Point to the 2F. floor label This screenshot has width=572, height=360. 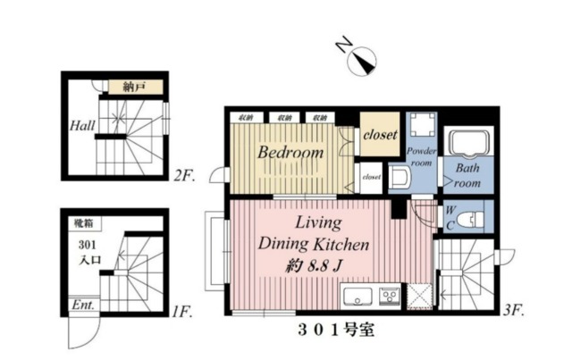[185, 177]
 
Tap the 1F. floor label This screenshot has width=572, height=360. [183, 312]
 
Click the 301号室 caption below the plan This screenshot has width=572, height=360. [339, 329]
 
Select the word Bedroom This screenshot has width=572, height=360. [290, 153]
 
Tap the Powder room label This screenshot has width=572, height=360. [421, 157]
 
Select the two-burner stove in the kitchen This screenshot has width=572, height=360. [390, 295]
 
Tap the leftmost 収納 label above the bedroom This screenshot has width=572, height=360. [245, 117]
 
